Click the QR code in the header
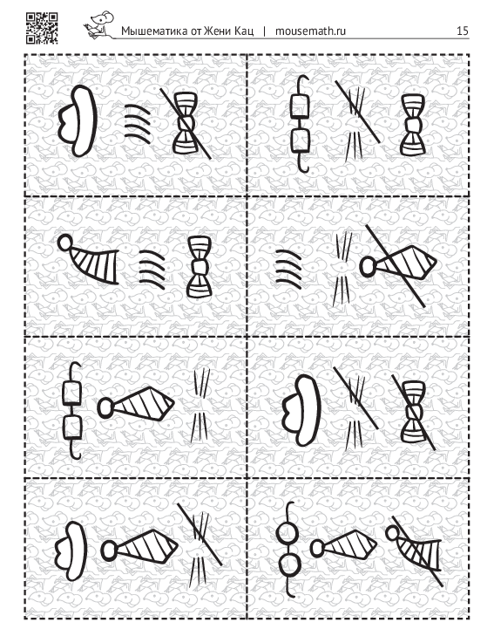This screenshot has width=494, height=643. click(42, 28)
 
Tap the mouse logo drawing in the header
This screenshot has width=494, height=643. click(99, 25)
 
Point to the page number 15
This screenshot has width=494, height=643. click(463, 31)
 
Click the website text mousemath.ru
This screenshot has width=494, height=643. click(310, 31)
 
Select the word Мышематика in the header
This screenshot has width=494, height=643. click(154, 31)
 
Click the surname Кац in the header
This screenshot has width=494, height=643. click(245, 31)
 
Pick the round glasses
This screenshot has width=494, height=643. click(288, 550)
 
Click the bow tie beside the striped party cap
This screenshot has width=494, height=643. click(199, 267)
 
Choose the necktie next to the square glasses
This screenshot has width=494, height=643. click(136, 404)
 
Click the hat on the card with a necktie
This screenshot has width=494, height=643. click(71, 551)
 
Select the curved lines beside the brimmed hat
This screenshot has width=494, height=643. click(138, 123)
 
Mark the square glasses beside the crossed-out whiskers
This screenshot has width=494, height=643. click(300, 123)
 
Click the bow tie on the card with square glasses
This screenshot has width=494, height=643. click(412, 125)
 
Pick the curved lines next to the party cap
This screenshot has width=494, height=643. click(152, 269)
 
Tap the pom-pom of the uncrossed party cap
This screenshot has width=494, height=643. click(64, 243)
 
